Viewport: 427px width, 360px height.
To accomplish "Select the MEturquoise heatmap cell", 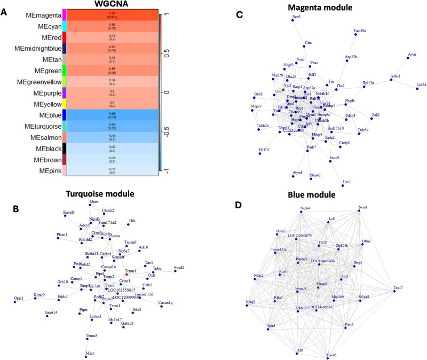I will [112, 126].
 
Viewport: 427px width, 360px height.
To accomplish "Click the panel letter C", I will [240, 15].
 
